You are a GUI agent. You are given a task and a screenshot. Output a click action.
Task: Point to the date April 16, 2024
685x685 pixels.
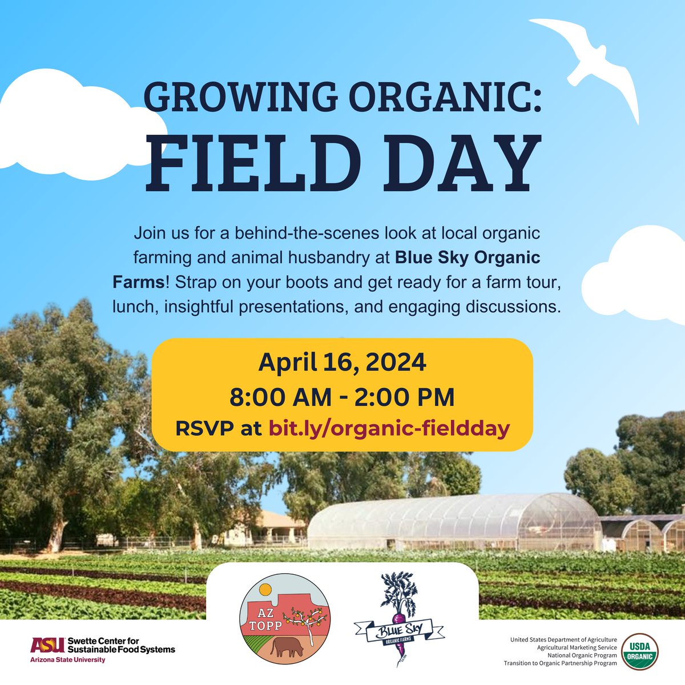(x=342, y=362)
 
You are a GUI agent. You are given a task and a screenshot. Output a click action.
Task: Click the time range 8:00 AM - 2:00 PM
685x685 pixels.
(x=342, y=396)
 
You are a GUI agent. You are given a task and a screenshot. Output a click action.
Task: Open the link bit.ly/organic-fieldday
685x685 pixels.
(x=389, y=428)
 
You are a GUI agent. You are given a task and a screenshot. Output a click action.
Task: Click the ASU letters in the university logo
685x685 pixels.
(x=47, y=645)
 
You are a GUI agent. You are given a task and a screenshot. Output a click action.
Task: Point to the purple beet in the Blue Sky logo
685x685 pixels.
(x=399, y=619)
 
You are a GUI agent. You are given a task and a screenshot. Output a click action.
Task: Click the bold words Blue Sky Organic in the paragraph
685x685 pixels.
(x=468, y=257)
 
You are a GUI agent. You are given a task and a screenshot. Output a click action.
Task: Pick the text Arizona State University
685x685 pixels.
(x=68, y=660)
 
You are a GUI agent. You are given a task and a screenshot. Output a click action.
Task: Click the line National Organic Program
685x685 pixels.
(x=581, y=655)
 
